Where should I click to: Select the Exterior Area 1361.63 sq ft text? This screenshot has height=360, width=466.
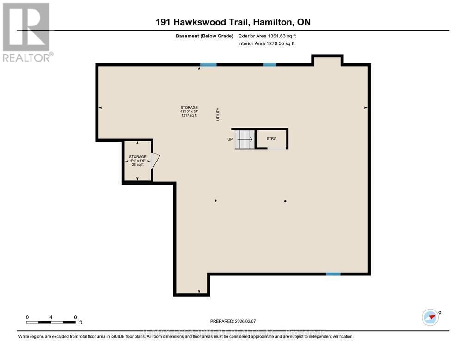click(x=266, y=36)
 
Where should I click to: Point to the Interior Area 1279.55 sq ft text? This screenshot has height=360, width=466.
click(x=266, y=43)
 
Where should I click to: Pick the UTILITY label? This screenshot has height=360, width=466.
click(x=218, y=114)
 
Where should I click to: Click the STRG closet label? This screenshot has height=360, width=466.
click(x=271, y=138)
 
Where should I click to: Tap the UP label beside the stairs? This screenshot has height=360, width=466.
click(x=230, y=139)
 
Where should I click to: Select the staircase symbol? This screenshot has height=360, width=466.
click(x=245, y=139)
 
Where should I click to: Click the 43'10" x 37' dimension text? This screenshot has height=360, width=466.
click(x=189, y=112)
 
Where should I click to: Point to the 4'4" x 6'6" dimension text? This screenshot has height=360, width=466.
click(x=138, y=161)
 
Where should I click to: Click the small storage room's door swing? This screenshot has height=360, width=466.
click(x=156, y=161)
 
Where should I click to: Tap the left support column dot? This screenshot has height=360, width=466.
click(x=216, y=201)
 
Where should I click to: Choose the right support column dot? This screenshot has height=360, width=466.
click(x=285, y=201)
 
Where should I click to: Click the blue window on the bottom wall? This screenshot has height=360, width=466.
click(x=333, y=274)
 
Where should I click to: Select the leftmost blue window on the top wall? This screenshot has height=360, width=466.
click(x=208, y=65)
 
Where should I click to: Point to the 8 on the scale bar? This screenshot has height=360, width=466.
click(x=75, y=317)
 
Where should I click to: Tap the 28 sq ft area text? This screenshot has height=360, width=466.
click(x=138, y=164)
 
